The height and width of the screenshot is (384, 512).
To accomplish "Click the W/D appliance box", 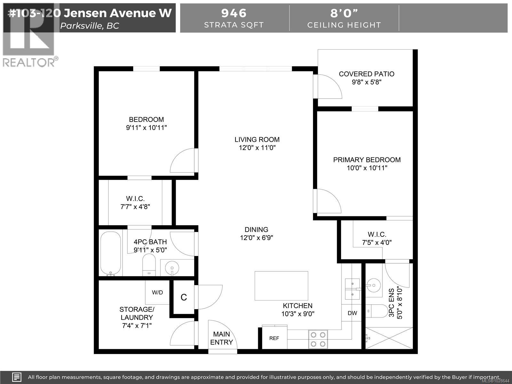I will tap(157, 292).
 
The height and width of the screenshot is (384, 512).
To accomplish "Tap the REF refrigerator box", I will tap(274, 338).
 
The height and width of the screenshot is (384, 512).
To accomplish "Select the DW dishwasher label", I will tap(352, 313).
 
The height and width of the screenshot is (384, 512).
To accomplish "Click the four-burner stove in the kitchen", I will tap(318, 339).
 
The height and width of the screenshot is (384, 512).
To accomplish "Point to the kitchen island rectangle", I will tap(281, 286).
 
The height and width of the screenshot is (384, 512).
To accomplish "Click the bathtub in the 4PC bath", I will tap(111, 253).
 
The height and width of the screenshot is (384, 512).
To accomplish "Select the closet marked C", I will tap(184, 297).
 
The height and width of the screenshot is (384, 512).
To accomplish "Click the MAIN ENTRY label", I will tap(221, 338).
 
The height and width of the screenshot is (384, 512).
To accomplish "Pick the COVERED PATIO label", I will tap(366, 74).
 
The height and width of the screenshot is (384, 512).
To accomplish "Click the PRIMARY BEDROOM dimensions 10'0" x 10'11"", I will tap(367, 168).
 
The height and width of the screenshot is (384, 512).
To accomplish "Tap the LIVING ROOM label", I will tap(257, 140).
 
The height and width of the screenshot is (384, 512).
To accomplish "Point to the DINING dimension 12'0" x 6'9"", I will tap(256, 238).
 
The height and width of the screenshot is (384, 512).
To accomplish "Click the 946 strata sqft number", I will tap(234, 13).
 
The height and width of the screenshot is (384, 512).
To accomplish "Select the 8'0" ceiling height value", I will tap(344, 13).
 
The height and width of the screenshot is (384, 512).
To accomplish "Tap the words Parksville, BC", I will tap(90, 26).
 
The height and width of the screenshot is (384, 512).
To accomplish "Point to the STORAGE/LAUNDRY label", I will tap(137, 313).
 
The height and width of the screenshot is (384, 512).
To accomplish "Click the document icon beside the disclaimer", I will tap(17, 377).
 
